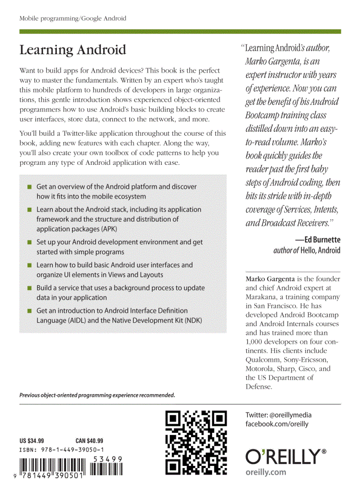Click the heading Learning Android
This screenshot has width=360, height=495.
(72, 50)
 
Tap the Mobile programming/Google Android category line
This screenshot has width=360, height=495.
(73, 19)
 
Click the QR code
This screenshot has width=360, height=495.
(196, 442)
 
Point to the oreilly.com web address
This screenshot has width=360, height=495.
(266, 472)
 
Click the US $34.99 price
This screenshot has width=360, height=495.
(32, 440)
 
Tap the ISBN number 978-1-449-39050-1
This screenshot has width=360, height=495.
(61, 450)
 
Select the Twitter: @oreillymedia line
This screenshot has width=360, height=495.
(278, 415)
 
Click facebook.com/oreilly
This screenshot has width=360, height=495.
(277, 424)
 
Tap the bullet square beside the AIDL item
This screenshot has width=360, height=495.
(29, 311)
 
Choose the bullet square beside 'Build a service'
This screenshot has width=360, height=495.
(29, 288)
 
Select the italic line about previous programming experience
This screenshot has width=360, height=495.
(97, 395)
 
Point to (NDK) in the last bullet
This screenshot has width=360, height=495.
(193, 320)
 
